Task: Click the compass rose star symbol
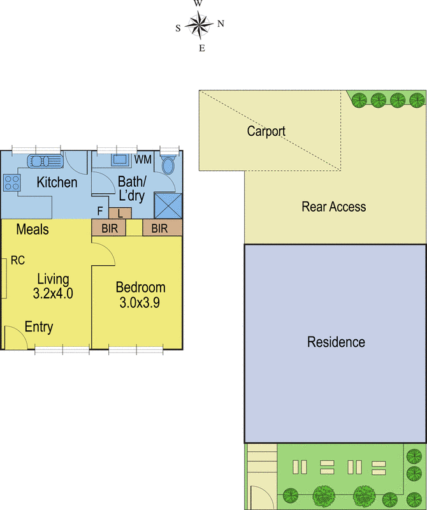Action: pos(199,25)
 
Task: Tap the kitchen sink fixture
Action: pos(45,161)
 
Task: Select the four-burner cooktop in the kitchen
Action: pos(12,182)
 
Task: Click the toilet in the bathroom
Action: pos(168,164)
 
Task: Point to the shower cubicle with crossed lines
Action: pos(168,206)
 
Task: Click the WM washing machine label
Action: pos(143,159)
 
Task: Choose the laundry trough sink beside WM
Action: pos(120,160)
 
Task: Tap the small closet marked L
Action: pos(120,214)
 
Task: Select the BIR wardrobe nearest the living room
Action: pos(108,228)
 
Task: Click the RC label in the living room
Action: pos(18,260)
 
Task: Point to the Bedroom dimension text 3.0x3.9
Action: pos(140,302)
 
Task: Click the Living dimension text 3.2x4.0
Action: pos(53,293)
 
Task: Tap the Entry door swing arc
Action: pos(21,331)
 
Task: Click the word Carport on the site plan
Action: pos(266,131)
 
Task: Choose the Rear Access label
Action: pos(334,207)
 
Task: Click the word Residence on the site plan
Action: pos(336,342)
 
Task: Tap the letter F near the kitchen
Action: pos(100,211)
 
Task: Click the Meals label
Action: pos(33,229)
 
